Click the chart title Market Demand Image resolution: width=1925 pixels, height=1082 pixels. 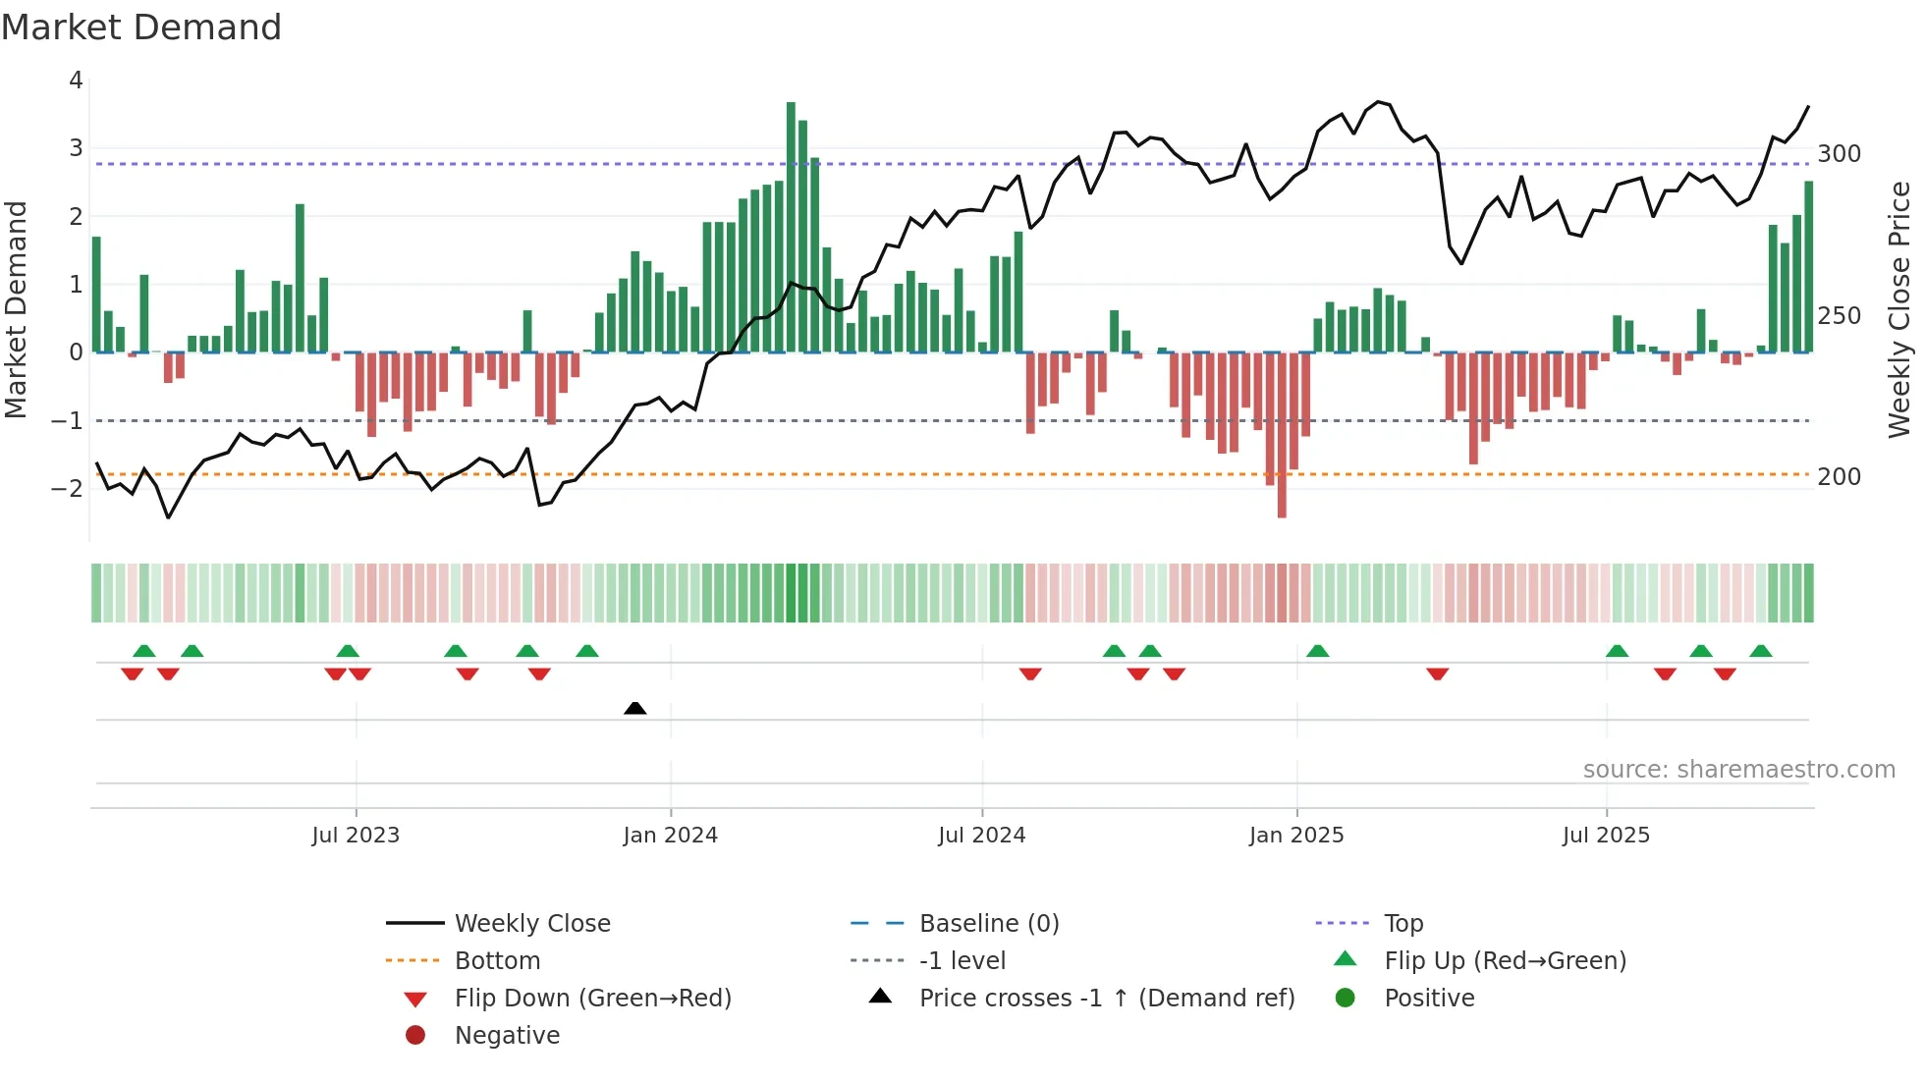[141, 27]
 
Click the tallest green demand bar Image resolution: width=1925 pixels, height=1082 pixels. [791, 227]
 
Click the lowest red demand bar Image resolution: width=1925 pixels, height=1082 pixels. [1282, 434]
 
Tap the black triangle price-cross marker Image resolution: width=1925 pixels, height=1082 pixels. [635, 708]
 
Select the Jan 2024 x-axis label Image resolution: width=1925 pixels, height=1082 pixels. [670, 836]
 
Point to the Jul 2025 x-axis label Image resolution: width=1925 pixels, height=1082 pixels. [1606, 836]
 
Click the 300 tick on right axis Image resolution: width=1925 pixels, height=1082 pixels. [1839, 154]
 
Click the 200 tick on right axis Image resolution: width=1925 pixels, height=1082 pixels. [1839, 477]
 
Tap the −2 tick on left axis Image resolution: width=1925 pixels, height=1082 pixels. [67, 488]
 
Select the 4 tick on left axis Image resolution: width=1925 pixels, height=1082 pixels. [76, 81]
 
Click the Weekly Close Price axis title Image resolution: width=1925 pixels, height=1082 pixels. [1899, 309]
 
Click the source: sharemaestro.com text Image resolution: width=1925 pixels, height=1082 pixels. [1738, 770]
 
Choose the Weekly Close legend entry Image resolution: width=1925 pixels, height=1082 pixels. [531, 924]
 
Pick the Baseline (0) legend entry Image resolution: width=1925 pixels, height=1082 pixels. [988, 924]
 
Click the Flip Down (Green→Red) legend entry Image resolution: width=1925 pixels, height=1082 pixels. [592, 999]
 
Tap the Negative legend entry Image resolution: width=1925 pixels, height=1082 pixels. [507, 1036]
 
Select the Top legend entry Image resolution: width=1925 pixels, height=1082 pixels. [1402, 924]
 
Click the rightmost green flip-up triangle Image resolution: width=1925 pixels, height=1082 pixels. [1761, 651]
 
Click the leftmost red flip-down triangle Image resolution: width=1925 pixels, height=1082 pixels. [132, 674]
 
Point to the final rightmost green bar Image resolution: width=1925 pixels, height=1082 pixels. [1808, 267]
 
